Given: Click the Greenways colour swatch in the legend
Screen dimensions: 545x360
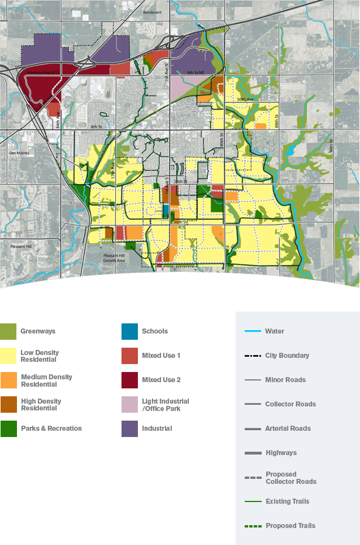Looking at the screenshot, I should coord(8,332).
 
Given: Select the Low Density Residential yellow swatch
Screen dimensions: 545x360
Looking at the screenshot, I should coord(8,356).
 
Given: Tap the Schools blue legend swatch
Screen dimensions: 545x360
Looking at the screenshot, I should coord(130,332).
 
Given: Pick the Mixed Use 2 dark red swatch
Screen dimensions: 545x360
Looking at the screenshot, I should coord(130,380).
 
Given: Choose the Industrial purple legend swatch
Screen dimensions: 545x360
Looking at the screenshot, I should coord(130,429).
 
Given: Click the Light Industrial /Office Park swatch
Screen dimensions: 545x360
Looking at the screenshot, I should coord(130,404).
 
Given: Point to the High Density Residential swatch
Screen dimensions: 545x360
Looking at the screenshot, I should coord(8,404).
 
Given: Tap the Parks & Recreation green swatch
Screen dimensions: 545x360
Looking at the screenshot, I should coord(8,429).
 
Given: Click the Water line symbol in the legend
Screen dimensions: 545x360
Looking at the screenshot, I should coord(253,331).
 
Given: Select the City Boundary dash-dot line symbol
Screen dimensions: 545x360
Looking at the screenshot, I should coord(253,356).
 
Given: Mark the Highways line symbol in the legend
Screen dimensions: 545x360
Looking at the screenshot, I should coord(253,453).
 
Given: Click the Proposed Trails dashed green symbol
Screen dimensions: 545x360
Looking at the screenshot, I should coord(253,526).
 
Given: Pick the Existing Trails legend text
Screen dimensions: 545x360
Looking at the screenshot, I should coord(287,501).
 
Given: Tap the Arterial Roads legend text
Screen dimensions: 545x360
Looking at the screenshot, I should coord(288,429).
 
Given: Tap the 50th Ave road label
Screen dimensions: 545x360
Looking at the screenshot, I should coord(245,100).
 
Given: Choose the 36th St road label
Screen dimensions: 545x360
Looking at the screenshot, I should coord(180,223).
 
